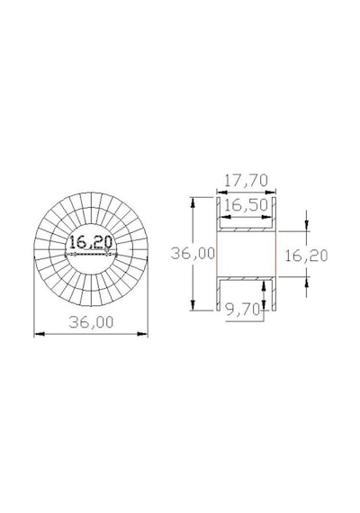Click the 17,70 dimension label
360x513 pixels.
246,181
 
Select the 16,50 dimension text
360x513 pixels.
246,205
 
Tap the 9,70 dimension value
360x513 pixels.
244,310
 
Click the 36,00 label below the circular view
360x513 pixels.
91,322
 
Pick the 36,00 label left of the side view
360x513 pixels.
193,254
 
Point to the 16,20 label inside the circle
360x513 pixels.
91,242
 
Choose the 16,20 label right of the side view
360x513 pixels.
306,256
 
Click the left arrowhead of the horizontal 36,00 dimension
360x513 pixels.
40,334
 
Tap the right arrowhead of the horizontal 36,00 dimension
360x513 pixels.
143,334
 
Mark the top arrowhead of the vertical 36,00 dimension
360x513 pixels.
193,202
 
